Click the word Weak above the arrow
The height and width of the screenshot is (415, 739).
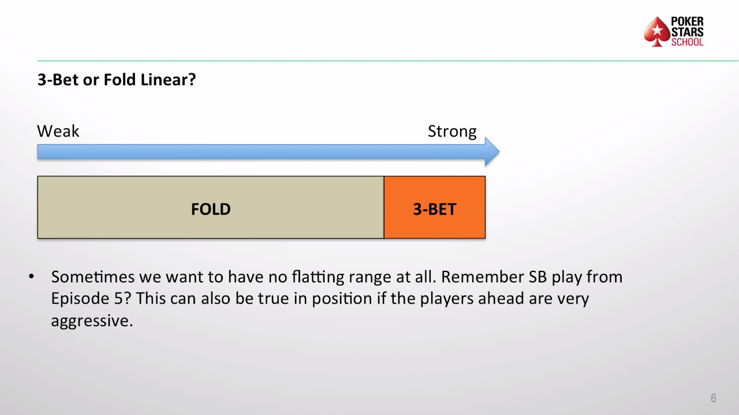pos(58,131)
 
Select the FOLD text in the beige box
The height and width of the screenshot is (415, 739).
pos(211,209)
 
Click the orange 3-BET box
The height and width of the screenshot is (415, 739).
pos(435,207)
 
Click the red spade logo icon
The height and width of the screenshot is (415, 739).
pos(657,32)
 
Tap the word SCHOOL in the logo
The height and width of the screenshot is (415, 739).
pos(687,42)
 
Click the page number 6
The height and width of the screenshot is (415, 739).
pos(713,398)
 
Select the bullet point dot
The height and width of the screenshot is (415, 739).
pos(31,276)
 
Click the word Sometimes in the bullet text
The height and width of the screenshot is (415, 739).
pos(93,277)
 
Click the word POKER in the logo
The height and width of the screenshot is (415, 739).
pos(687,22)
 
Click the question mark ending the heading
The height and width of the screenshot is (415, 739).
pos(192,80)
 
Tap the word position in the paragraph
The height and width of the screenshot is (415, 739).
pos(342,299)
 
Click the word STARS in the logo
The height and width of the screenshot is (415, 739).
pos(687,32)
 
